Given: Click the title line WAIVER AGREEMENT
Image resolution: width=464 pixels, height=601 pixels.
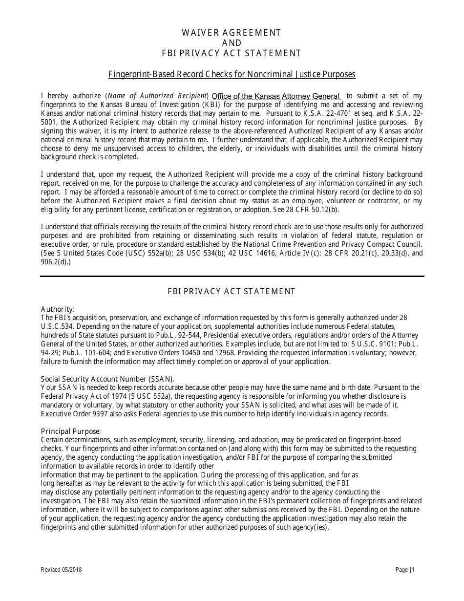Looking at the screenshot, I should click(x=232, y=33).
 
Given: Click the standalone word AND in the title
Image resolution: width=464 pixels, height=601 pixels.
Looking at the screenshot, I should click(x=232, y=43).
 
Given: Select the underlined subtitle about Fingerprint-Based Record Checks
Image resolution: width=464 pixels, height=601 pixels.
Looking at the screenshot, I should click(x=232, y=74).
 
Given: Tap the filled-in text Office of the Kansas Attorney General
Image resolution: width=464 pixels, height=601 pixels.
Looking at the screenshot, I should click(x=276, y=96).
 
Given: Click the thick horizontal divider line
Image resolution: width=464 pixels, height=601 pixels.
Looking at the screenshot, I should click(x=232, y=277).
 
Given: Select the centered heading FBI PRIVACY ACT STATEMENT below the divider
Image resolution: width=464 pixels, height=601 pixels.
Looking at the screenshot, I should click(x=232, y=291).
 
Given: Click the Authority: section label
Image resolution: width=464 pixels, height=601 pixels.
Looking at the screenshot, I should click(x=58, y=309).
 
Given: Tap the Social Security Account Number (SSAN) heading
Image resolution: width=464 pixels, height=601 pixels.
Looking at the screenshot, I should click(x=107, y=379).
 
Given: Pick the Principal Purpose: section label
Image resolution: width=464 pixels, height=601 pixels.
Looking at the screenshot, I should click(x=71, y=431).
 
